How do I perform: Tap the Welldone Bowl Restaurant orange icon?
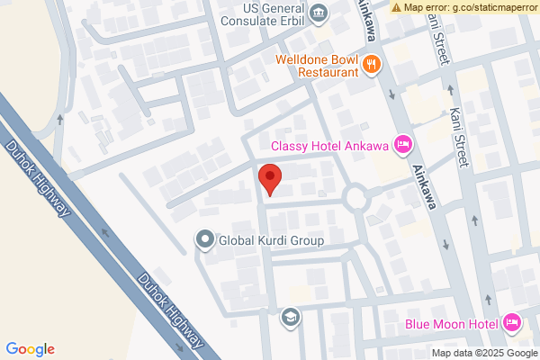click(x=373, y=64)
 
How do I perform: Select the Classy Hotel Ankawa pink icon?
click(x=403, y=144)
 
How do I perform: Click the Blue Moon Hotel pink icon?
click(x=511, y=322)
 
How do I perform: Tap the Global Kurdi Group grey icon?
click(x=204, y=240)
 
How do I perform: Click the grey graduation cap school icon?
click(x=291, y=317)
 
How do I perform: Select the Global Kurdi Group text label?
click(x=269, y=240)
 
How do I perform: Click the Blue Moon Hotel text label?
click(x=451, y=322)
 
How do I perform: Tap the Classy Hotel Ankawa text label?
click(x=330, y=145)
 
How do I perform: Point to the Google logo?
click(x=30, y=349)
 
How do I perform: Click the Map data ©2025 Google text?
click(x=483, y=352)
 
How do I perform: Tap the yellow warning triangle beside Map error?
click(x=396, y=7)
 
